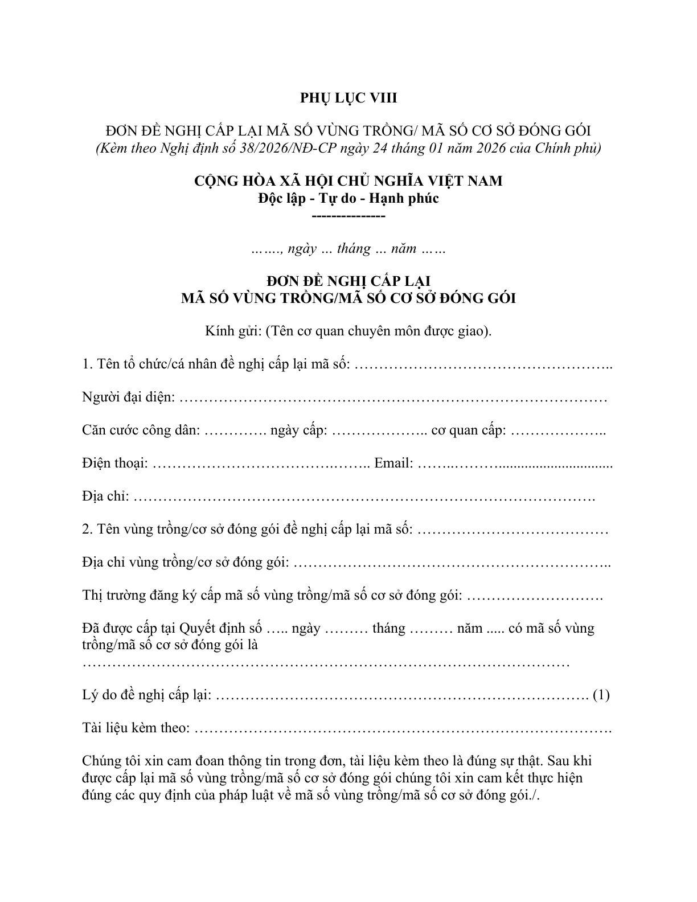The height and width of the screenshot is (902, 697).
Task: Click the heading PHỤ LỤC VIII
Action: tap(348, 98)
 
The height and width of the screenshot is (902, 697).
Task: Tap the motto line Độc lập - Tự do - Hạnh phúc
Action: tap(348, 199)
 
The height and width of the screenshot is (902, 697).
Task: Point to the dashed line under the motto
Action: tap(348, 216)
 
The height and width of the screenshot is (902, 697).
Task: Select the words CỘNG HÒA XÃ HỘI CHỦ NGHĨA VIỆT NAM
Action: tap(348, 181)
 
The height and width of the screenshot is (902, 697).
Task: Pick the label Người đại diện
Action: tap(128, 397)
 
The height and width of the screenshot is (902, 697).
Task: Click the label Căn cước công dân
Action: tap(140, 430)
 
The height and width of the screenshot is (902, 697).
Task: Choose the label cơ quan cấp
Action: tap(468, 430)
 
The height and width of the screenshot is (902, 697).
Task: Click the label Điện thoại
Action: tap(114, 463)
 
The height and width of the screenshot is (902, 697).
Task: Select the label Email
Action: tap(393, 463)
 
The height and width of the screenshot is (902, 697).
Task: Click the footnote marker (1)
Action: tap(601, 695)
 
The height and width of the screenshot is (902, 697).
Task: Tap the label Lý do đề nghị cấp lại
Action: tap(147, 695)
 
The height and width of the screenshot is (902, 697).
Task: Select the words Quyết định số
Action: tap(220, 629)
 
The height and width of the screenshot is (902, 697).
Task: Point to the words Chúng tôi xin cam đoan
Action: tap(150, 761)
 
